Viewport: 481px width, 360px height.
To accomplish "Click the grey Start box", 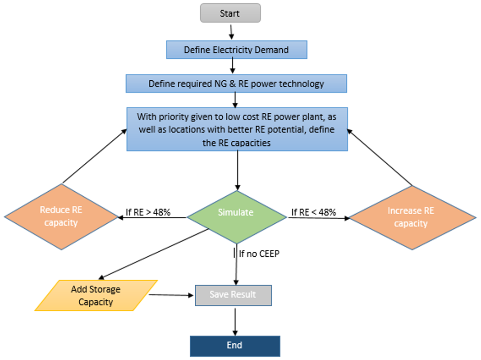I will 230,14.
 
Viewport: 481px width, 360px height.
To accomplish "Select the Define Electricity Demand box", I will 236,50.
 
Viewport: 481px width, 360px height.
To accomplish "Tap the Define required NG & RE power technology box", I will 236,83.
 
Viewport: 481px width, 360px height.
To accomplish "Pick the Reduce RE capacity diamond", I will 61,217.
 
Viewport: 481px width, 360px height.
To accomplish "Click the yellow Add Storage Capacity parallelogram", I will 96,295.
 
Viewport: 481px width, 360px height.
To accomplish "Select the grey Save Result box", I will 233,295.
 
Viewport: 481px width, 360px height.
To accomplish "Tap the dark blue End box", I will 234,346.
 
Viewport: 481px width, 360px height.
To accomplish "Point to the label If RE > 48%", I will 148,212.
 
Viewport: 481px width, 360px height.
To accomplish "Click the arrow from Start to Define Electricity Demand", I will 231,32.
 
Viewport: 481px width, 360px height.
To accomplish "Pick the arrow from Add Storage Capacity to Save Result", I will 171,295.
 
